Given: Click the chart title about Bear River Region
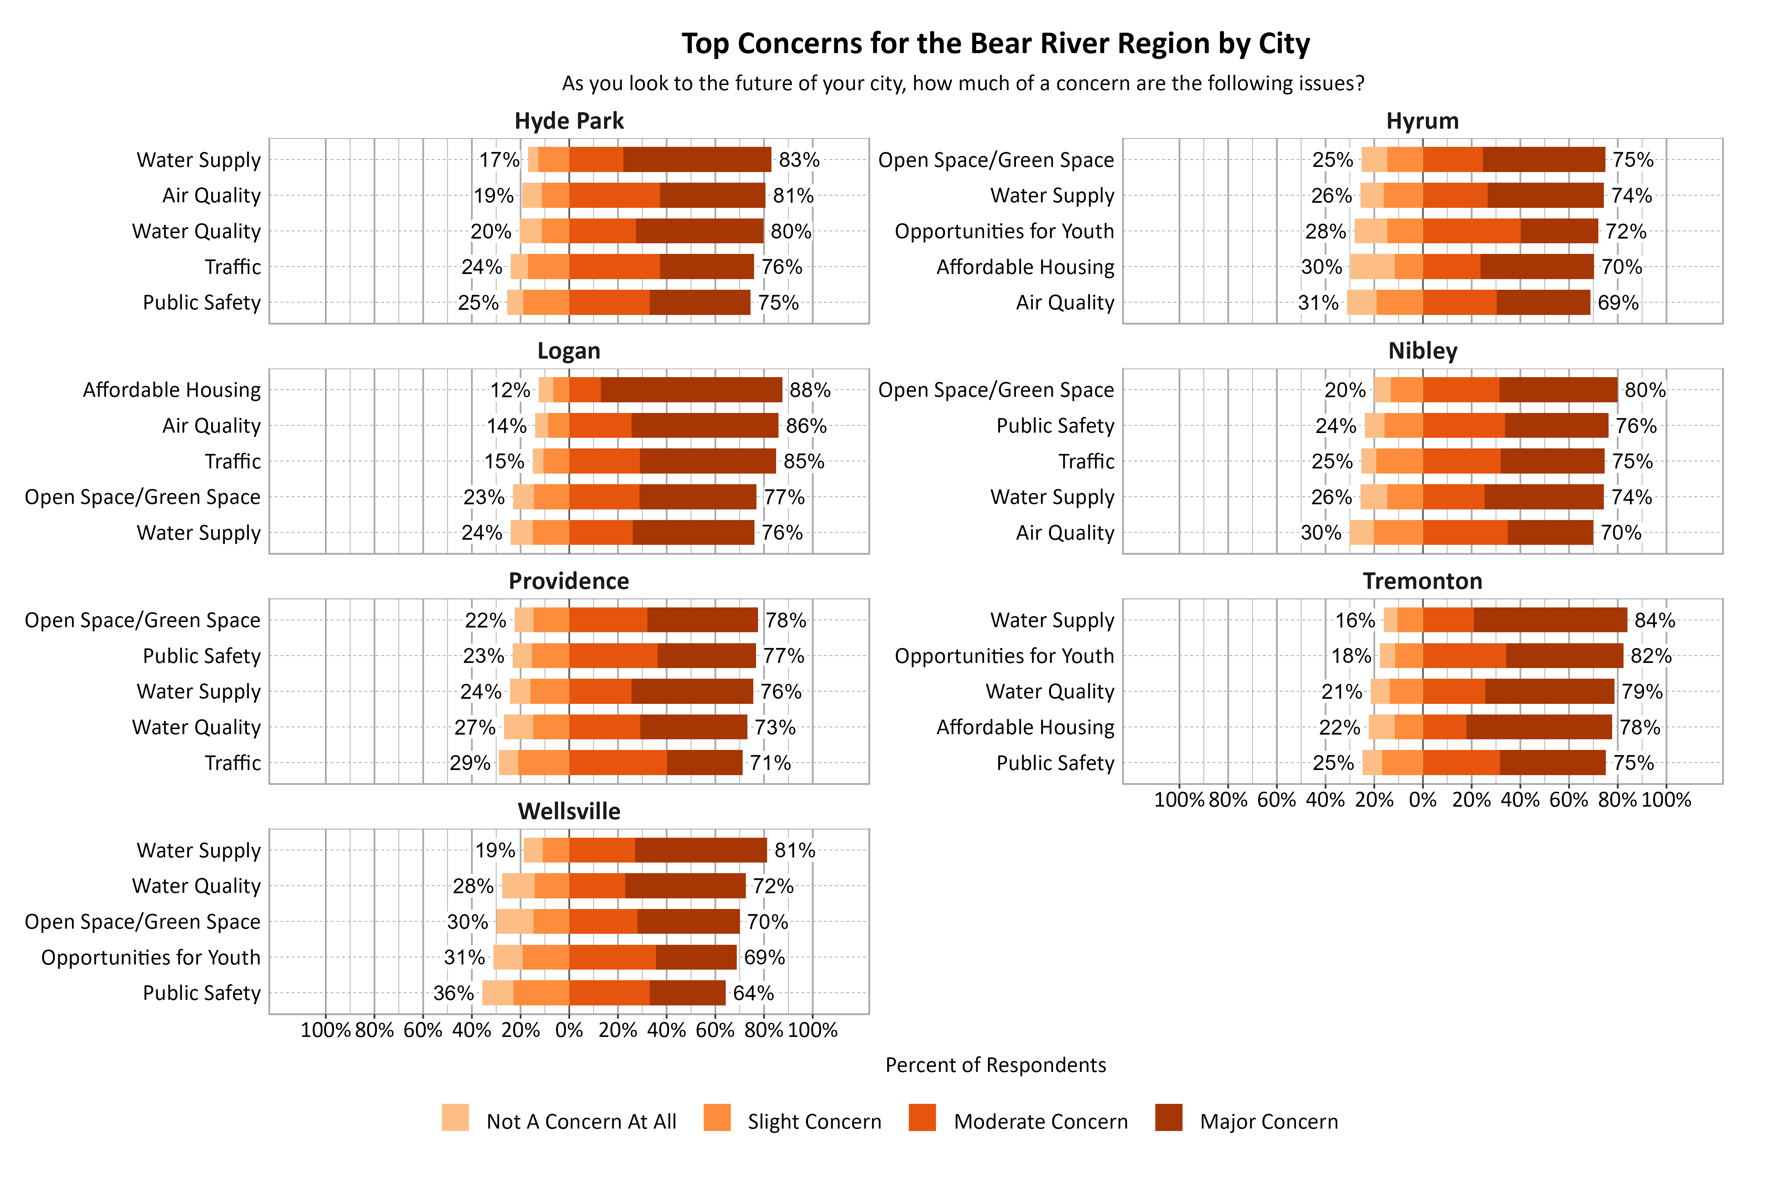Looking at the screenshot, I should click(x=995, y=44).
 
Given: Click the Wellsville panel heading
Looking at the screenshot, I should click(x=569, y=811).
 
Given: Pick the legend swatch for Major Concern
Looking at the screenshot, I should click(x=1168, y=1118).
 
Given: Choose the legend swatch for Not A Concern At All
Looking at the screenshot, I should click(x=455, y=1118).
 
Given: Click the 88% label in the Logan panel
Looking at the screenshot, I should click(x=810, y=390).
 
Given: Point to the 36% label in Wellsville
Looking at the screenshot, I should click(x=454, y=994).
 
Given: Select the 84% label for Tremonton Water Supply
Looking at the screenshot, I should click(x=1655, y=621).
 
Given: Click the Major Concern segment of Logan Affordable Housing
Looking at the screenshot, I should click(x=691, y=390).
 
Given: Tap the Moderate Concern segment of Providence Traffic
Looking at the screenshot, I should click(x=618, y=763).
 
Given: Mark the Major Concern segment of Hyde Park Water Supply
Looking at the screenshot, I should click(x=697, y=160).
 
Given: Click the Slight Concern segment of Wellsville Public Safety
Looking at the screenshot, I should click(x=541, y=994).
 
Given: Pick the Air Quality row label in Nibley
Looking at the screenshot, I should click(x=1064, y=533).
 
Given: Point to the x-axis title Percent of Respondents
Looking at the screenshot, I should click(x=995, y=1065).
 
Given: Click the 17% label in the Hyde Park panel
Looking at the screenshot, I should click(x=499, y=160).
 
